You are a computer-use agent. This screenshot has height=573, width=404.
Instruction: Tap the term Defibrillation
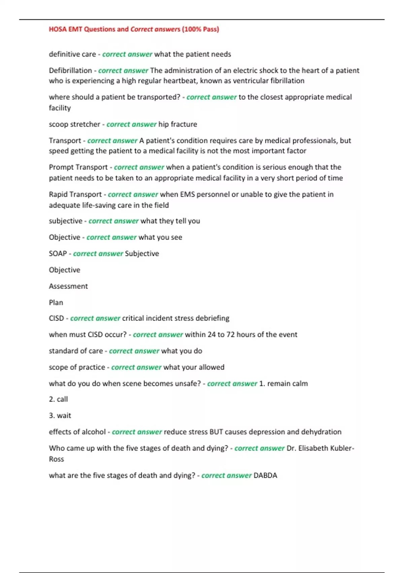(70, 70)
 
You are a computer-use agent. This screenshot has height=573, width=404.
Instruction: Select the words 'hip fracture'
(178, 124)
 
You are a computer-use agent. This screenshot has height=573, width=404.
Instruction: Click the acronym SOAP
(58, 253)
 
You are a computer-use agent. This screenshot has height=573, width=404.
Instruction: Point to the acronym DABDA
(265, 476)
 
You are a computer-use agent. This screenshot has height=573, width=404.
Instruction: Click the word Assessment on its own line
(68, 286)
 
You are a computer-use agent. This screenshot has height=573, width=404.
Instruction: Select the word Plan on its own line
(56, 303)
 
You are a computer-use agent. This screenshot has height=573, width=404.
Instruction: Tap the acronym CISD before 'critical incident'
(56, 318)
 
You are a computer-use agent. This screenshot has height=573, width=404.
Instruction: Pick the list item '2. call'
(58, 399)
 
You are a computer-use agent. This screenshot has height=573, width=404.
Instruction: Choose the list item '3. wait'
(60, 416)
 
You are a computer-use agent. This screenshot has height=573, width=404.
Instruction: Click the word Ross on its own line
(56, 459)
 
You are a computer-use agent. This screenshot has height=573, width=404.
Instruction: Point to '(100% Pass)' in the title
(200, 29)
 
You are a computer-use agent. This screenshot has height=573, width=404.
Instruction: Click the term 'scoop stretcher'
(74, 124)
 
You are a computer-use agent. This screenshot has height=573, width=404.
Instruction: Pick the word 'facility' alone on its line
(60, 108)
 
